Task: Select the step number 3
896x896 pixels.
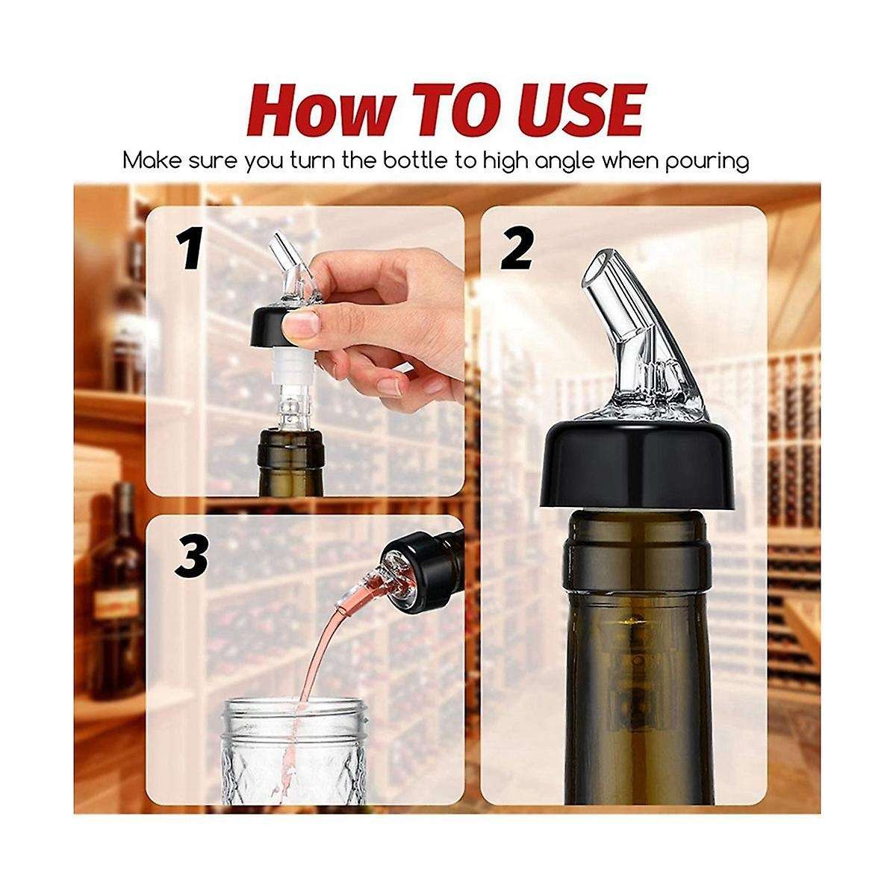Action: pyautogui.click(x=191, y=556)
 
